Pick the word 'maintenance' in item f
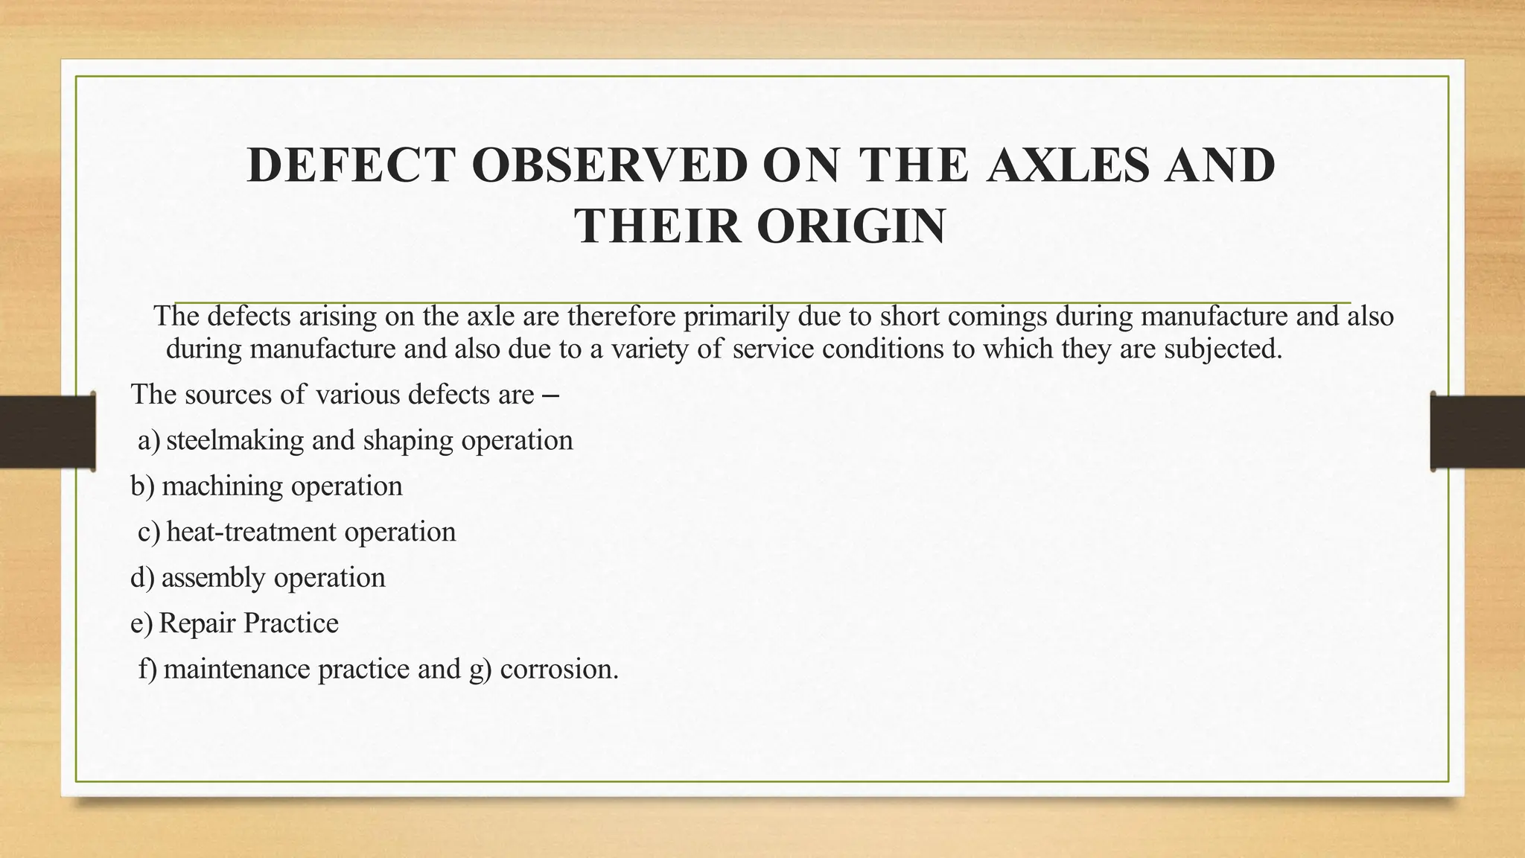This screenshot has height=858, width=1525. tap(236, 669)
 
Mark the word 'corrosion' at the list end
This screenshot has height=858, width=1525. tap(558, 669)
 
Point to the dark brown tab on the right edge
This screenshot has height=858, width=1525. tap(1477, 432)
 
